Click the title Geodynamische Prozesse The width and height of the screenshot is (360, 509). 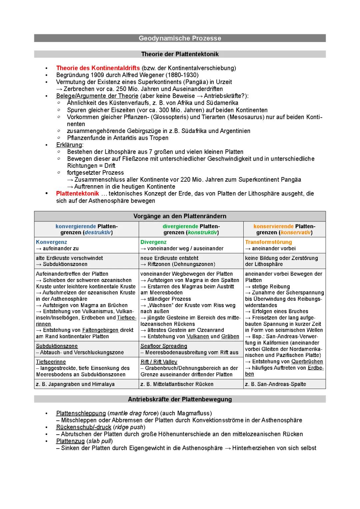pos(180,38)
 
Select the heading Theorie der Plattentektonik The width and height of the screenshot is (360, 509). pos(180,54)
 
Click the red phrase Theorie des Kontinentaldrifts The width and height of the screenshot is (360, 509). pos(98,68)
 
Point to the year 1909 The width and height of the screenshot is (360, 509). pos(97,75)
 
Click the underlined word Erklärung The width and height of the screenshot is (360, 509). pos(69,145)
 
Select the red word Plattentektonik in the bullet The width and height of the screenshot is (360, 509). pos(77,194)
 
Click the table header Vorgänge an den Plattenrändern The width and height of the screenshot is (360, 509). pos(180,216)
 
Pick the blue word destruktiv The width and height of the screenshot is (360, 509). pos(98,232)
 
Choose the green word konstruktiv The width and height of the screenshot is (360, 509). pos(202,232)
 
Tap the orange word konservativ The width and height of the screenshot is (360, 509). pos(296,232)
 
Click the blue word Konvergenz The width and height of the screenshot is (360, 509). pos(51,242)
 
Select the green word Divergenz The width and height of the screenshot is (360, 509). pos(153,242)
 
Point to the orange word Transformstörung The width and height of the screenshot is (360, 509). pos(268,242)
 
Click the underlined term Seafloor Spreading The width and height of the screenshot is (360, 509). pos(164,346)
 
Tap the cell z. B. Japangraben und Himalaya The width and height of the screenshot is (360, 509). pos(75,384)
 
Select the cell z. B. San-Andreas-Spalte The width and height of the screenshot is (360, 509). pos(275,384)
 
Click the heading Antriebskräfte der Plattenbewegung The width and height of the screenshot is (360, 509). pos(180,399)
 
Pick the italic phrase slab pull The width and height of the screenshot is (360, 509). pos(100,441)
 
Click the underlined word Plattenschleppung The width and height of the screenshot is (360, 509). pos(81,413)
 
